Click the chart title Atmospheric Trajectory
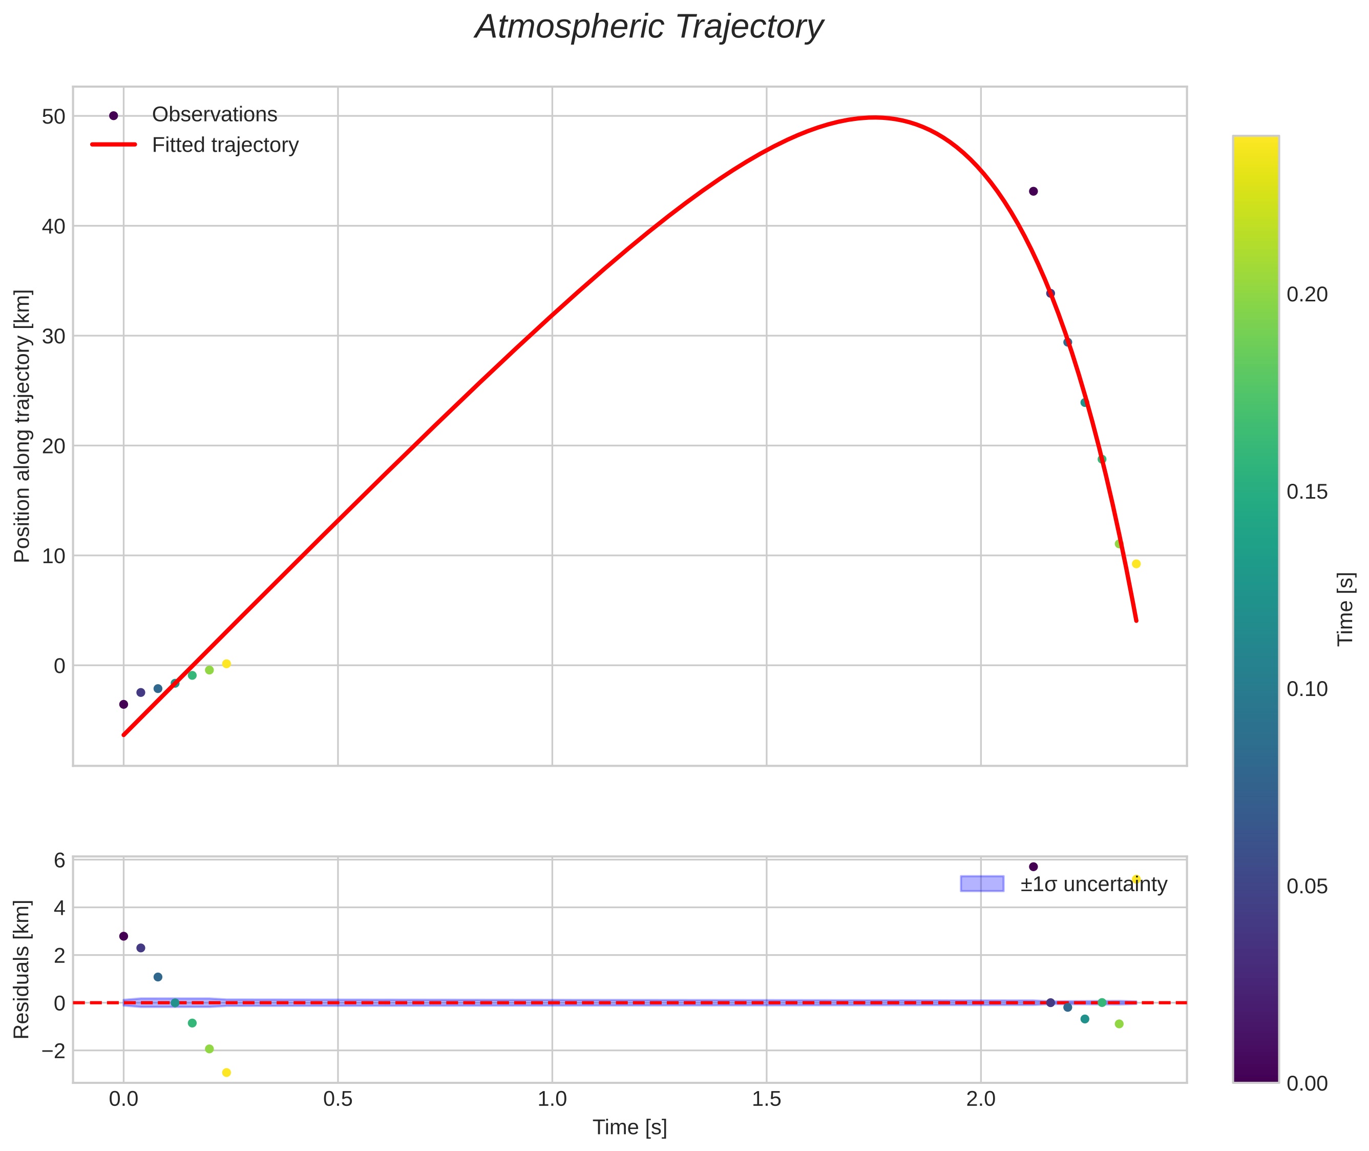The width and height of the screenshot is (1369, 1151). pyautogui.click(x=649, y=27)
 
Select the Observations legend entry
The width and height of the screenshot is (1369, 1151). pyautogui.click(x=214, y=115)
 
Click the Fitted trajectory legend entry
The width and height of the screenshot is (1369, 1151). pyautogui.click(x=225, y=145)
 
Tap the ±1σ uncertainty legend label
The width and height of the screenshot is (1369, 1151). pyautogui.click(x=1093, y=884)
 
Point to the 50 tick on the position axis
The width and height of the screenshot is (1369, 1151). pyautogui.click(x=53, y=117)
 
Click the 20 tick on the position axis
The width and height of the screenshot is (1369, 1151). pyautogui.click(x=53, y=446)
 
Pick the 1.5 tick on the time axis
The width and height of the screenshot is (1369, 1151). pyautogui.click(x=766, y=1099)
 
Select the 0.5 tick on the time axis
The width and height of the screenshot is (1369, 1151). pyautogui.click(x=338, y=1099)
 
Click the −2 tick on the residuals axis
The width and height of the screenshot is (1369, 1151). pyautogui.click(x=50, y=1051)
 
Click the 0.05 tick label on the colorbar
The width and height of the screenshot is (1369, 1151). pyautogui.click(x=1307, y=887)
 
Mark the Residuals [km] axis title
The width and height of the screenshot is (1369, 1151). pyautogui.click(x=22, y=970)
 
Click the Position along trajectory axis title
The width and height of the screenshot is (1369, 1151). pyautogui.click(x=22, y=426)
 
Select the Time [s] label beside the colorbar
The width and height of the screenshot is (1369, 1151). pyautogui.click(x=1345, y=609)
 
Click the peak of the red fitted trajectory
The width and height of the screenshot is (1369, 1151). pyautogui.click(x=874, y=117)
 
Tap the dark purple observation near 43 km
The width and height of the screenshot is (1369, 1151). pyautogui.click(x=1033, y=191)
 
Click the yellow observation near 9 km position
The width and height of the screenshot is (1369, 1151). pyautogui.click(x=1136, y=564)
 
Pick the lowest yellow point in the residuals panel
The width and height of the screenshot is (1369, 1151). pyautogui.click(x=226, y=1073)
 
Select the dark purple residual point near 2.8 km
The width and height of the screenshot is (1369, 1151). pyautogui.click(x=123, y=936)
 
